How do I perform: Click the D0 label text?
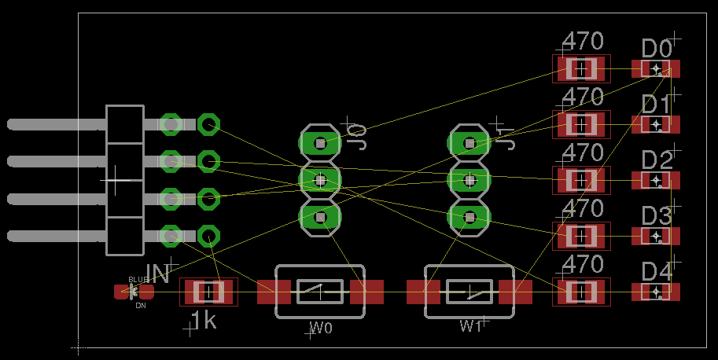(657, 49)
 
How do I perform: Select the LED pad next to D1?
(655, 124)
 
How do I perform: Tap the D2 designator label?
(657, 160)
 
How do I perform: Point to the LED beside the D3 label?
(655, 236)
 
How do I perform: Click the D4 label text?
(657, 272)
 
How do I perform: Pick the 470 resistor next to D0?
(581, 69)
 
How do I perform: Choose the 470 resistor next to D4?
(581, 292)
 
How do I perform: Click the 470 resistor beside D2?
(581, 180)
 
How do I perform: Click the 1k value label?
(204, 320)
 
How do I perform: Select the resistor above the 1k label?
(208, 292)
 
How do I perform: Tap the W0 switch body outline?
(320, 292)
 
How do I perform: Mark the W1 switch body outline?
(469, 292)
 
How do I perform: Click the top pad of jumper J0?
(320, 143)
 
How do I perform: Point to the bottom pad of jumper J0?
(320, 216)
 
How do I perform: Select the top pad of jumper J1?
(469, 143)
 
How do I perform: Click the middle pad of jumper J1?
(469, 180)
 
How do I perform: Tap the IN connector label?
(157, 274)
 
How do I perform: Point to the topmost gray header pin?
(55, 124)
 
